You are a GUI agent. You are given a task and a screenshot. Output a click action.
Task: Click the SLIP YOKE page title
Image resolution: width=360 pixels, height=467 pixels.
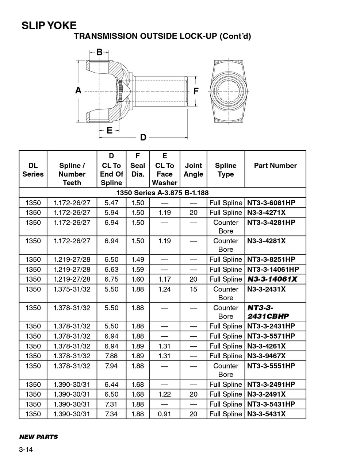[x=49, y=26]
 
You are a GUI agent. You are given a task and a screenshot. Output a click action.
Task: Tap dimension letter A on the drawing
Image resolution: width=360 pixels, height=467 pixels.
[x=78, y=90]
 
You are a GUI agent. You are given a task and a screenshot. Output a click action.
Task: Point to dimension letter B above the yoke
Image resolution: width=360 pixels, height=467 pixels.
[x=99, y=52]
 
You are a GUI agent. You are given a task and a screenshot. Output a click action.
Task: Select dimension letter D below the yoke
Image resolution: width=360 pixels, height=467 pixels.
[x=143, y=137]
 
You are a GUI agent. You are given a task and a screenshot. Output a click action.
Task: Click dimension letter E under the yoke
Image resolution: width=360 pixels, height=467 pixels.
[x=109, y=130]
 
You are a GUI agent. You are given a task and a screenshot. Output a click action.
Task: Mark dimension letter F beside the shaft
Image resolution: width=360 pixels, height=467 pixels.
[x=196, y=91]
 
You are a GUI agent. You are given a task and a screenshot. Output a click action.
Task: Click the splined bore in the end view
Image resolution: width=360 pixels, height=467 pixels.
[x=228, y=92]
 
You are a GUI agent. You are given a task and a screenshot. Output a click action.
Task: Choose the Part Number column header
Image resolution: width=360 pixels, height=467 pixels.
[x=275, y=166]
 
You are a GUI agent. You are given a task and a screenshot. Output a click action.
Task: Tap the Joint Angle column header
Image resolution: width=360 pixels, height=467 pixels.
[x=193, y=170]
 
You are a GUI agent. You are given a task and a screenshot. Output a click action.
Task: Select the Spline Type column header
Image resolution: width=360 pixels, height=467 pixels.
[x=225, y=170]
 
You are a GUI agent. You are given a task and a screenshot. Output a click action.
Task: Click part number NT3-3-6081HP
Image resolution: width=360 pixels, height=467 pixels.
[x=271, y=203]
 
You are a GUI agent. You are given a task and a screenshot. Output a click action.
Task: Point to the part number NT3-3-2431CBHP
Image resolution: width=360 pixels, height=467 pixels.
[x=268, y=312]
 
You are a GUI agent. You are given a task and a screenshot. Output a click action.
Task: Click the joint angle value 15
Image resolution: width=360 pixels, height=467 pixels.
[x=193, y=289]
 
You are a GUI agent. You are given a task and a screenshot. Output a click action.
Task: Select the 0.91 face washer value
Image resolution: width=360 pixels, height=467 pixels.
[x=164, y=414]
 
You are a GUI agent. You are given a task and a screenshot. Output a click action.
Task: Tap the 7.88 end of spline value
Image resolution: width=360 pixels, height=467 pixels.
[x=111, y=356]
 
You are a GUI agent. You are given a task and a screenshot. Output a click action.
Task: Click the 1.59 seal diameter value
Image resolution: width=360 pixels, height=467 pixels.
[x=138, y=269]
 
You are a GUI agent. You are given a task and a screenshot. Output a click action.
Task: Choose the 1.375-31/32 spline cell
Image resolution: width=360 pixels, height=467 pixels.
[x=72, y=289]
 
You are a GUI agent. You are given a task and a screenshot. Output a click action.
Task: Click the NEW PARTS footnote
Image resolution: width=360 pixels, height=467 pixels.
[x=38, y=437]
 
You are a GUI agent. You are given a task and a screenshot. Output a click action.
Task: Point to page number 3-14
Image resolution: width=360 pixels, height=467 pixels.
[x=26, y=450]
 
